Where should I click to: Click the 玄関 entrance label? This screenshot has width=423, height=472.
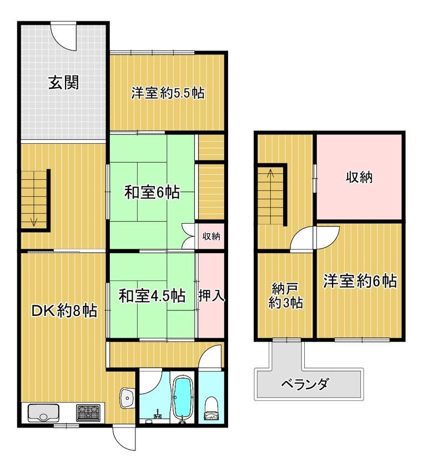64,82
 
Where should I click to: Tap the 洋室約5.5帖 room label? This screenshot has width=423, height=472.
168,93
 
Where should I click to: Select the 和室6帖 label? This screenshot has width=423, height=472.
152,192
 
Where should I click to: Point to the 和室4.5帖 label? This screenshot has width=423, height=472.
152,296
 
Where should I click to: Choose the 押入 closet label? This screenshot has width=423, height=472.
211,296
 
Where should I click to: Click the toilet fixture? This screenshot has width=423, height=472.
211,408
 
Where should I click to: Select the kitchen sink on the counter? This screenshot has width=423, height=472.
44,413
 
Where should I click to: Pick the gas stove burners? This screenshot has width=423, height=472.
88,413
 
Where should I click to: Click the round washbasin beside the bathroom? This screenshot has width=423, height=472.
128,398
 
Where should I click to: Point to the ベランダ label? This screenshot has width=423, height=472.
305,384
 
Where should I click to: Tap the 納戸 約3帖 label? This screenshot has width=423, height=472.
285,295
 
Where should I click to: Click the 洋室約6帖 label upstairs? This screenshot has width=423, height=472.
360,281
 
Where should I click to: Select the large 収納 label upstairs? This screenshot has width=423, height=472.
359,177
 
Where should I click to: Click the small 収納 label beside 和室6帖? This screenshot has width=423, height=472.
211,237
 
